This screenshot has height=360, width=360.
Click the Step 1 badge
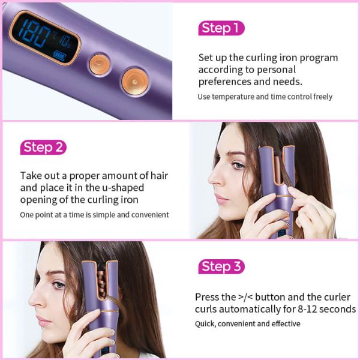click(x=221, y=28)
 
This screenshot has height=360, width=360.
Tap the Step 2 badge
click(x=43, y=147)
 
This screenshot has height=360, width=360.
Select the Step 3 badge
click(x=221, y=266)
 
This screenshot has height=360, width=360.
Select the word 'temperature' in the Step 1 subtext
click(x=233, y=97)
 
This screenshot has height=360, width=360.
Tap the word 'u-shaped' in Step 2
click(x=123, y=188)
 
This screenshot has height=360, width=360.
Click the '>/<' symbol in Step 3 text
click(x=245, y=297)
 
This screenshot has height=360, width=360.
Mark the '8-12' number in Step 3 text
click(x=307, y=309)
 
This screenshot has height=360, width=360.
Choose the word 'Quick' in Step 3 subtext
click(x=205, y=324)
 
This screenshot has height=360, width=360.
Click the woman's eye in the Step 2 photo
click(x=238, y=165)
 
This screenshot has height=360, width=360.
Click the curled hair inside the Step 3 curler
click(x=102, y=284)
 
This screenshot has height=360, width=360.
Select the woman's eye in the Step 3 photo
click(x=59, y=284)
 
